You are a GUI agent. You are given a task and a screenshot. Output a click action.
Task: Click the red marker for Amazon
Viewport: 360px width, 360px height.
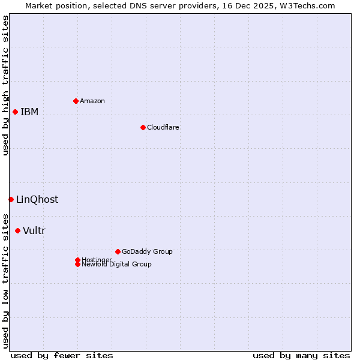tap(76, 101)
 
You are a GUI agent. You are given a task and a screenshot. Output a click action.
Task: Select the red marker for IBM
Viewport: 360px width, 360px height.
tap(15, 112)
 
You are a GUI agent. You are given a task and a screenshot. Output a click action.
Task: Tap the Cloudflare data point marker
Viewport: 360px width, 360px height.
tap(143, 127)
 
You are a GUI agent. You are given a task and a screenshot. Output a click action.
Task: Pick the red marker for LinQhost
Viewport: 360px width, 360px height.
tap(11, 199)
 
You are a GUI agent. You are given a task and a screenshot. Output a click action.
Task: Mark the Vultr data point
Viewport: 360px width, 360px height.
tap(17, 230)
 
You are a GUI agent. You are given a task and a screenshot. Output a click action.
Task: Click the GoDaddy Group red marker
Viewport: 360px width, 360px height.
tap(118, 251)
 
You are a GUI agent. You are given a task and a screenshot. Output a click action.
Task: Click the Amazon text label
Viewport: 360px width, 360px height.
tap(92, 101)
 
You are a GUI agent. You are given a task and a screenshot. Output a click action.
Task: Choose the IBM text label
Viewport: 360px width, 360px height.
tap(29, 112)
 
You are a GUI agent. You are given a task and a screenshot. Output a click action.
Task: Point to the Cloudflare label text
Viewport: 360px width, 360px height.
tap(163, 127)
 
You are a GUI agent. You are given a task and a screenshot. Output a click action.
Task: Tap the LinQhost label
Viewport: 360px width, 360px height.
tap(37, 200)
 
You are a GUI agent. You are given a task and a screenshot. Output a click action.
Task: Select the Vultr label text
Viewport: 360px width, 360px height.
tap(34, 231)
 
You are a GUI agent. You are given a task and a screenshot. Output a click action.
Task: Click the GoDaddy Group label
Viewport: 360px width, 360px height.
tap(147, 251)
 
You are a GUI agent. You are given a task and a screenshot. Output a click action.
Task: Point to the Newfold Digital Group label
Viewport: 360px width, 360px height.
tap(117, 265)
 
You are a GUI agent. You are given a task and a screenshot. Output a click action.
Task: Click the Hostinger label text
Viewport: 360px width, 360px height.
tap(97, 259)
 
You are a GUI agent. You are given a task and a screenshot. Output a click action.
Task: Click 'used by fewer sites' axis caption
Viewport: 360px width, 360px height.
tap(62, 355)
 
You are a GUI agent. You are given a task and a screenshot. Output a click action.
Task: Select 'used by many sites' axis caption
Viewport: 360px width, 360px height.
tap(301, 355)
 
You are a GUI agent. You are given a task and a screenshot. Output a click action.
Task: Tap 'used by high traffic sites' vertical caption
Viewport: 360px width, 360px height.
tap(5, 85)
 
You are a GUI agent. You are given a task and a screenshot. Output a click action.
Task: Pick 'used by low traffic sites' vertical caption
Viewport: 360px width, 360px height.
tap(5, 280)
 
